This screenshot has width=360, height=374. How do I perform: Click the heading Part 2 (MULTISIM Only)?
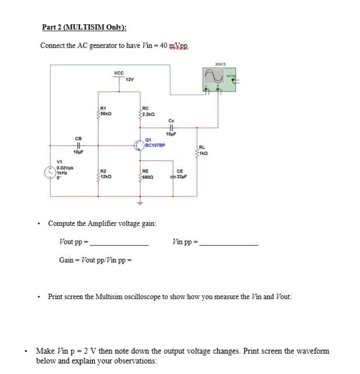click(x=84, y=27)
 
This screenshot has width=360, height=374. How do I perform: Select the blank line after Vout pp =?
click(x=119, y=245)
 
